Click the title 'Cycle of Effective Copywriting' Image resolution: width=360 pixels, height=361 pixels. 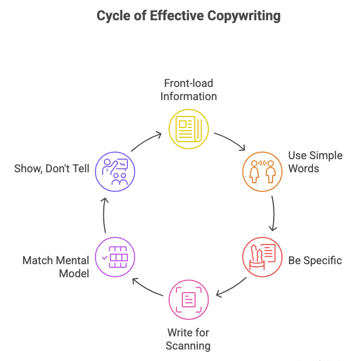coord(188,16)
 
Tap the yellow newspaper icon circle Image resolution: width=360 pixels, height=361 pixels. coord(188,129)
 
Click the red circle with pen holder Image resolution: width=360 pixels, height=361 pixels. coord(262,257)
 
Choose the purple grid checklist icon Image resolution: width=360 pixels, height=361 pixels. coord(115,257)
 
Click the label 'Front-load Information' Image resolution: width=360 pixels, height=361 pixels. coord(188,90)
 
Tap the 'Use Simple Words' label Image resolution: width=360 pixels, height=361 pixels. coord(315,162)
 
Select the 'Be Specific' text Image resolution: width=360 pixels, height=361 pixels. coord(315,260)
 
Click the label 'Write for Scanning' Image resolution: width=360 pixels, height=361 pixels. coord(188,339)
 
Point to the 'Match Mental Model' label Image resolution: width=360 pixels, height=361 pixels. coord(56,266)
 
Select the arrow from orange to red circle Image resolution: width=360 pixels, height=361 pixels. coord(274,214)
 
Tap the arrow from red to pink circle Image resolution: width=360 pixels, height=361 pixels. coord(232,288)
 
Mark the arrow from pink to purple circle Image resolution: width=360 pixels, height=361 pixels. coord(146,288)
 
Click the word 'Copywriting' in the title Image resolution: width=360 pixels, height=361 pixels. coord(244,16)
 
